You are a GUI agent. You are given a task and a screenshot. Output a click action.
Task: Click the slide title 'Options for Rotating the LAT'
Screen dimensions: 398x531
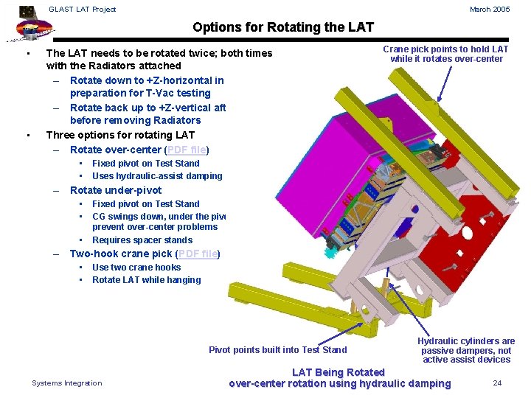[x=283, y=27]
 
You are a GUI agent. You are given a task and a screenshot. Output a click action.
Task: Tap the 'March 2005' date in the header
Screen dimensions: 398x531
[x=490, y=9]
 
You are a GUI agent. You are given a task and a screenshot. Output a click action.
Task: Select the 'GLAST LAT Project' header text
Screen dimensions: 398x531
[x=83, y=9]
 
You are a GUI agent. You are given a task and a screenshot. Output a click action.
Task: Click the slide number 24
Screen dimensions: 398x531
[x=497, y=383]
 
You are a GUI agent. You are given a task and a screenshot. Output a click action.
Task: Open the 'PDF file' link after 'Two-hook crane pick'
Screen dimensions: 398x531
[x=198, y=254]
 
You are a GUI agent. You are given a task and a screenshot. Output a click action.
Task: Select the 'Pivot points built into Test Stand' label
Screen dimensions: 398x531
[x=277, y=350]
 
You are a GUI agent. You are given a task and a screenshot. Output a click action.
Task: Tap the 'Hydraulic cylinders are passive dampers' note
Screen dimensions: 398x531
[x=466, y=350]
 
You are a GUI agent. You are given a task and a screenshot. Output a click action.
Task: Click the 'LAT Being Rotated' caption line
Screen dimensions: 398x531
[x=339, y=372]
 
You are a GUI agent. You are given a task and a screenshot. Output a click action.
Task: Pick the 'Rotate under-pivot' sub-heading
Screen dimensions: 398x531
[x=116, y=190]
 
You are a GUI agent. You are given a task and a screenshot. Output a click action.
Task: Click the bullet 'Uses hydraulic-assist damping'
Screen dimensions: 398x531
[x=156, y=176]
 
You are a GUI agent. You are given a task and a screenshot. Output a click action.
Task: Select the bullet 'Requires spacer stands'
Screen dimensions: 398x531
[x=142, y=240]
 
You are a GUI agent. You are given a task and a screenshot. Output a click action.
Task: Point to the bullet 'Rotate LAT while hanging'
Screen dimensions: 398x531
[x=146, y=280]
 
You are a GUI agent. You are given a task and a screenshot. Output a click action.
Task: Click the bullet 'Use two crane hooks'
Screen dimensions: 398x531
[x=136, y=268]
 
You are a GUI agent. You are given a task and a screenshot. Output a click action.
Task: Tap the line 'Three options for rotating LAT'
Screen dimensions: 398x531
[x=120, y=135]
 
